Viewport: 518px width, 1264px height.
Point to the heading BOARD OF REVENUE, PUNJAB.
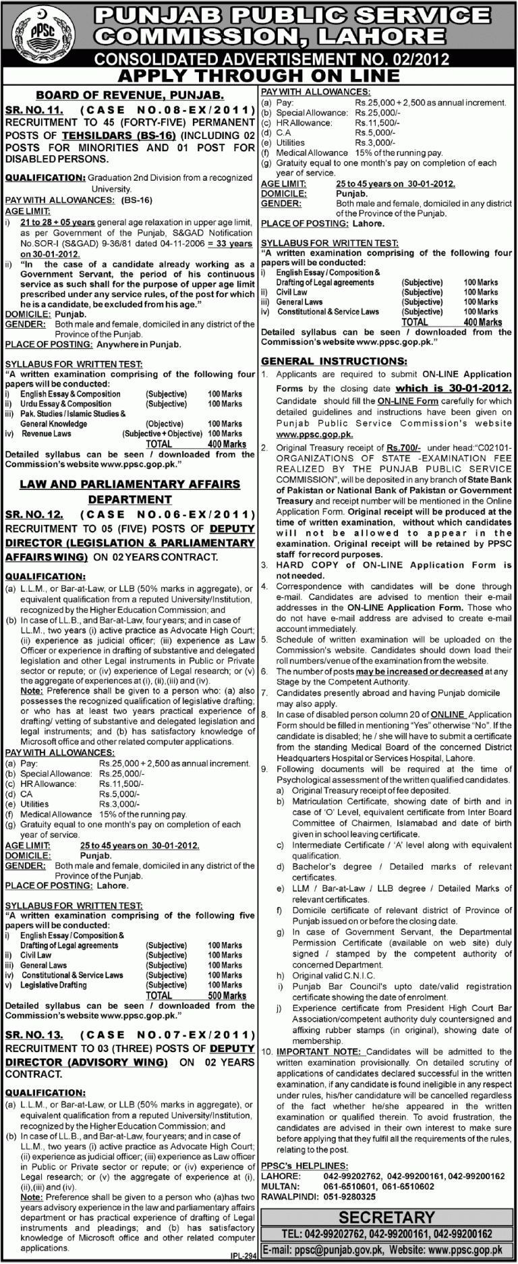tap(129, 96)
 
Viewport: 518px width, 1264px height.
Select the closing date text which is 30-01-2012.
tap(453, 389)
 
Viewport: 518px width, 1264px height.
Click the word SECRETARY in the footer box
tap(386, 1217)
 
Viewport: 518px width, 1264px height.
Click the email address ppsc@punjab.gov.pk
tap(341, 1251)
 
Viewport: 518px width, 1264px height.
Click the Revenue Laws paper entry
tap(46, 434)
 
